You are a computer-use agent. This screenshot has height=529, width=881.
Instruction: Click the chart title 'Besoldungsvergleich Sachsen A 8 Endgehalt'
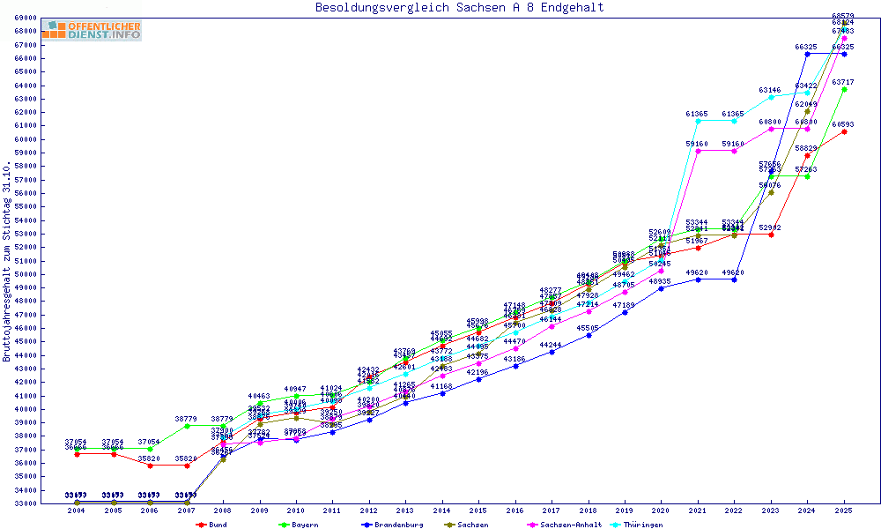pyautogui.click(x=459, y=8)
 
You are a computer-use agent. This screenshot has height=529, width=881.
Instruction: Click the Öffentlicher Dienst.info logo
pyautogui.click(x=91, y=31)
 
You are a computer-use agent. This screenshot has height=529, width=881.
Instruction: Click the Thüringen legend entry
pyautogui.click(x=657, y=525)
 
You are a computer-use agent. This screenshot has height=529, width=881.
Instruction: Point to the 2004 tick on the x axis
pyautogui.click(x=77, y=510)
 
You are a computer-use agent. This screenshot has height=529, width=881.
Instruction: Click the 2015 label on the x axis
pyautogui.click(x=478, y=510)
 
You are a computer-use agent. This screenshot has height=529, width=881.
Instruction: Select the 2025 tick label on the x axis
pyautogui.click(x=844, y=510)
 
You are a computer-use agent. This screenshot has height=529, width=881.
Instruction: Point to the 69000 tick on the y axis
pyautogui.click(x=26, y=18)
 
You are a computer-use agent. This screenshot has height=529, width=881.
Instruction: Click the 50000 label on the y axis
pyautogui.click(x=26, y=274)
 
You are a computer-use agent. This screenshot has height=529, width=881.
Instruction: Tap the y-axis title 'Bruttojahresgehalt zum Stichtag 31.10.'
pyautogui.click(x=8, y=262)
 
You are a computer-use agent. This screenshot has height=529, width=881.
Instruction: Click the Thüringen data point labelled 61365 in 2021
pyautogui.click(x=698, y=121)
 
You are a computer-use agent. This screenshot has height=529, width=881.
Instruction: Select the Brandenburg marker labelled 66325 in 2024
pyautogui.click(x=808, y=54)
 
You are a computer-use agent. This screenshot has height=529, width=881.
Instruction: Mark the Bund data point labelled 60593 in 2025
pyautogui.click(x=844, y=131)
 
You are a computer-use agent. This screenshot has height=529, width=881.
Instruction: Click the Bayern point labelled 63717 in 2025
pyautogui.click(x=844, y=89)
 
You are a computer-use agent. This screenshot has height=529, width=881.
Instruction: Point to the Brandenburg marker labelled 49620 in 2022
pyautogui.click(x=734, y=279)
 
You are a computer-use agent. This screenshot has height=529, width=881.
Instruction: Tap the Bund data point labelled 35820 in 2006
pyautogui.click(x=150, y=466)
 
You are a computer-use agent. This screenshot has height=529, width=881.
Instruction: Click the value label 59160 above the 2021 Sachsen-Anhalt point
pyautogui.click(x=697, y=143)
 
